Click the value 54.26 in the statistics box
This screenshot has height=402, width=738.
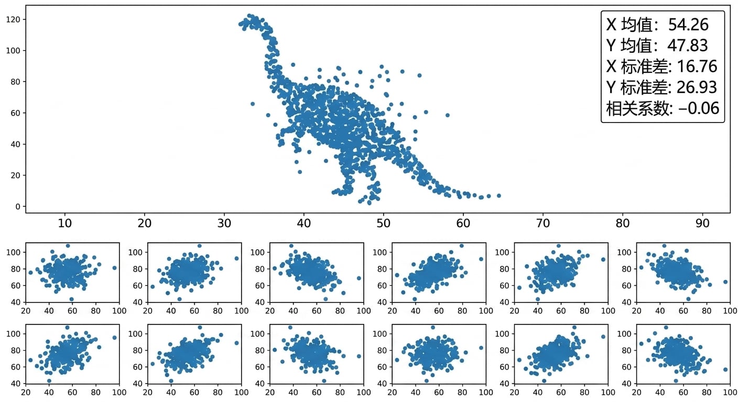(688, 25)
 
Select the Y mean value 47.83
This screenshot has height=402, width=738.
(688, 46)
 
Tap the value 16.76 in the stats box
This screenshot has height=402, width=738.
(697, 66)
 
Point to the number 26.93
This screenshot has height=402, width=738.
(697, 87)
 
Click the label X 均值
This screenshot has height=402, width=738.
(630, 25)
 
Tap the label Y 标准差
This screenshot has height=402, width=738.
(637, 87)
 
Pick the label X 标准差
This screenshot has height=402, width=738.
(637, 66)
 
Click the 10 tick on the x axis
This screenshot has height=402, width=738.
(65, 224)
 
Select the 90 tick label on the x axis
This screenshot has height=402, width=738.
(702, 224)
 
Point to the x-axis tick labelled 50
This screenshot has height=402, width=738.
(384, 224)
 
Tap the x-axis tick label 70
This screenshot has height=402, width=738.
(543, 224)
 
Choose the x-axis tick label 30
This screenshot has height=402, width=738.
(224, 224)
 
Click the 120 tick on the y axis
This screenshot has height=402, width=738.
(13, 20)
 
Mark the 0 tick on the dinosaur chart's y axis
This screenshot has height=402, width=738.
(18, 207)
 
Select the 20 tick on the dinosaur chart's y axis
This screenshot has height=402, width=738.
(16, 175)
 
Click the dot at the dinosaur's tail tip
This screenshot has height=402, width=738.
(499, 196)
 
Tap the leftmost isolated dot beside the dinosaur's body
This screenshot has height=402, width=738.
(253, 104)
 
